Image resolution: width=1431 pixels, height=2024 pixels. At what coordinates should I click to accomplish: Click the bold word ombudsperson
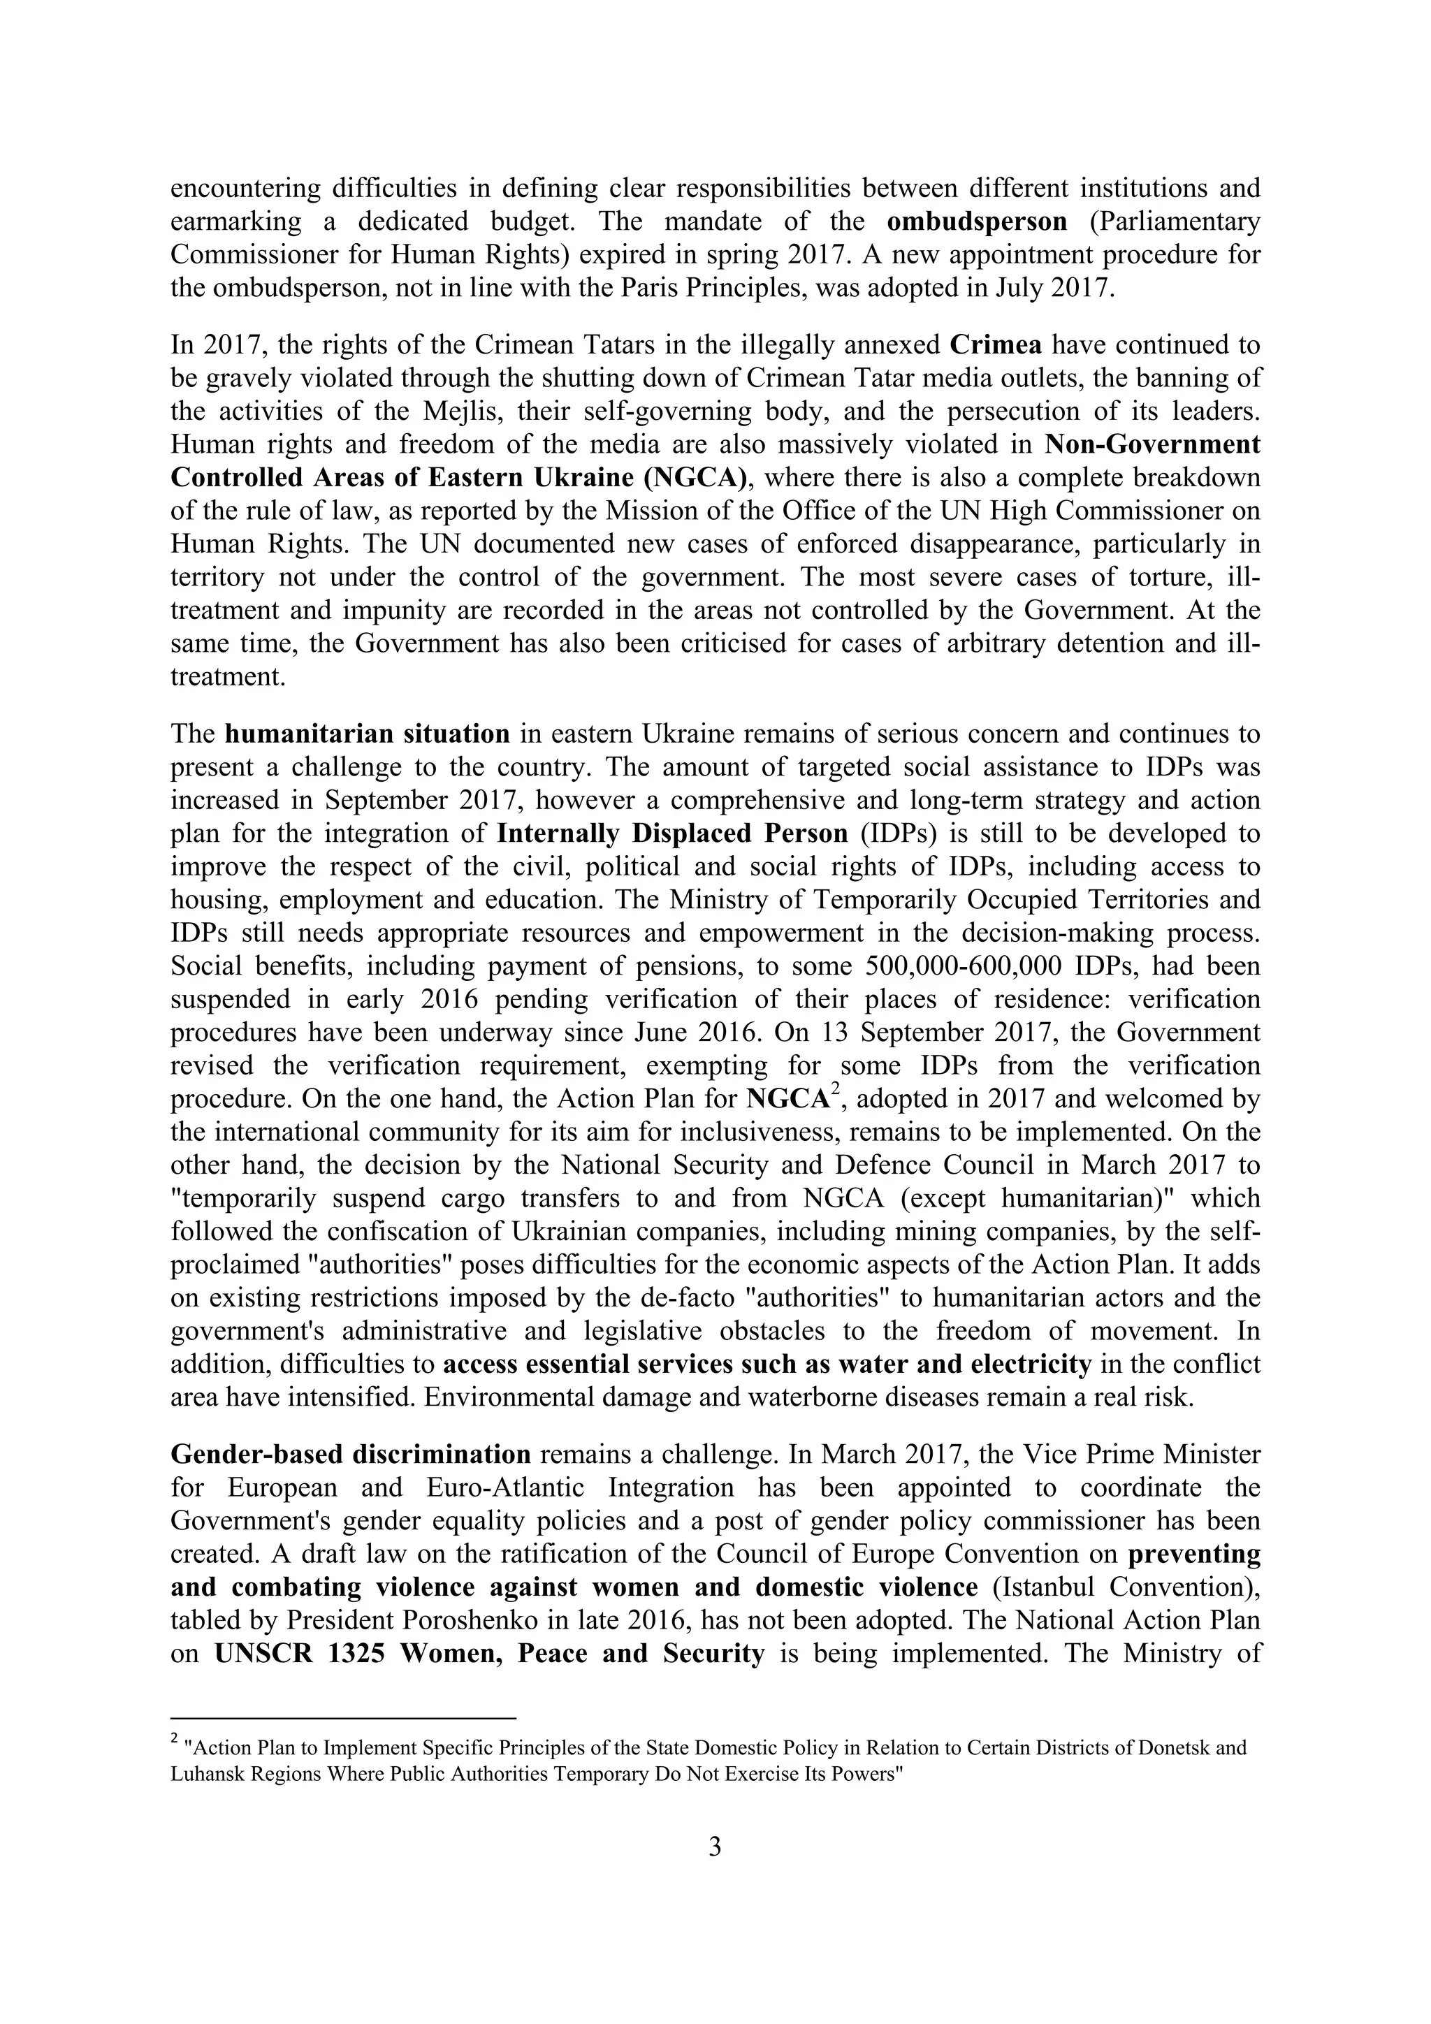point(976,221)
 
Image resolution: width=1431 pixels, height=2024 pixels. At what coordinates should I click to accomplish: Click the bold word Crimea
point(996,344)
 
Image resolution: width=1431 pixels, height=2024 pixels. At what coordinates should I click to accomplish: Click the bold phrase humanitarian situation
point(367,734)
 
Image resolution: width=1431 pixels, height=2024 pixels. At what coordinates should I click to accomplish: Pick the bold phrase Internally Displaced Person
point(673,833)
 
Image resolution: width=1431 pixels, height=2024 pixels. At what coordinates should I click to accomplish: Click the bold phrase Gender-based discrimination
point(351,1455)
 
